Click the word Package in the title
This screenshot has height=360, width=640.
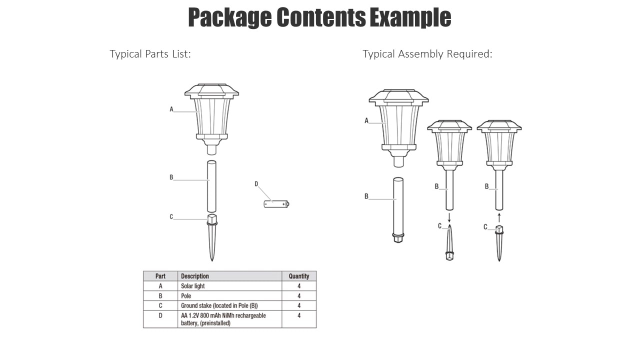(x=230, y=17)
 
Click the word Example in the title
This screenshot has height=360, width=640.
(x=410, y=17)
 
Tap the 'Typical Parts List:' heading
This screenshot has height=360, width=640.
(x=150, y=53)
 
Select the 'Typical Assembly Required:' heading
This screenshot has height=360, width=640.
(x=427, y=53)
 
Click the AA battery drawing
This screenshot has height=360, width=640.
(x=276, y=204)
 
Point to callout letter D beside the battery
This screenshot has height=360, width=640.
(x=256, y=184)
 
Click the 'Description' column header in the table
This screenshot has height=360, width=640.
(x=195, y=276)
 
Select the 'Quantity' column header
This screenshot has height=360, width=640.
(x=299, y=276)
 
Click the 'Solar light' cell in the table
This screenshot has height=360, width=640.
(x=193, y=286)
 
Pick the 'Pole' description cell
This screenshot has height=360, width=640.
(x=186, y=295)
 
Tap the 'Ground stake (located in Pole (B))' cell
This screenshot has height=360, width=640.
(x=219, y=305)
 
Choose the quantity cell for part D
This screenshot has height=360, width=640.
(x=299, y=315)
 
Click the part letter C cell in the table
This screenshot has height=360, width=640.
(x=160, y=305)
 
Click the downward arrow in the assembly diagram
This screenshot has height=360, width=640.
(x=449, y=217)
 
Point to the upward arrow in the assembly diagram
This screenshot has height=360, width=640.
(x=499, y=217)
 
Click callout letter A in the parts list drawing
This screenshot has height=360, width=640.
(x=171, y=109)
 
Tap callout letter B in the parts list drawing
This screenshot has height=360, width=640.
(x=171, y=177)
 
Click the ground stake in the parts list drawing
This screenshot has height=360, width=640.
(x=211, y=237)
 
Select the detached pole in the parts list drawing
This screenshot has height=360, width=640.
(x=211, y=186)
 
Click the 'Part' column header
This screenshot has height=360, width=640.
(x=160, y=276)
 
